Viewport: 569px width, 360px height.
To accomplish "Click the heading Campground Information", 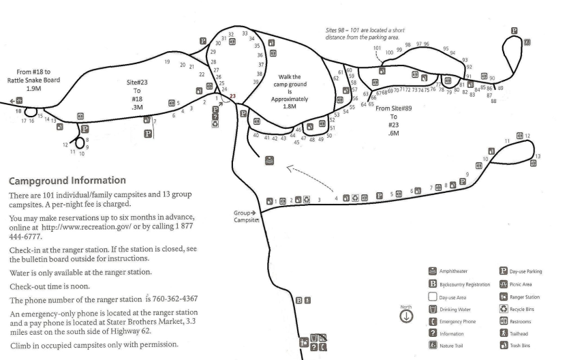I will pyautogui.click(x=66, y=181).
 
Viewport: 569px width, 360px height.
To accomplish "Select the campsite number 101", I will pyautogui.click(x=377, y=48).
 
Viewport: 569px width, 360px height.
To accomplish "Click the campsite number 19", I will pyautogui.click(x=167, y=62).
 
